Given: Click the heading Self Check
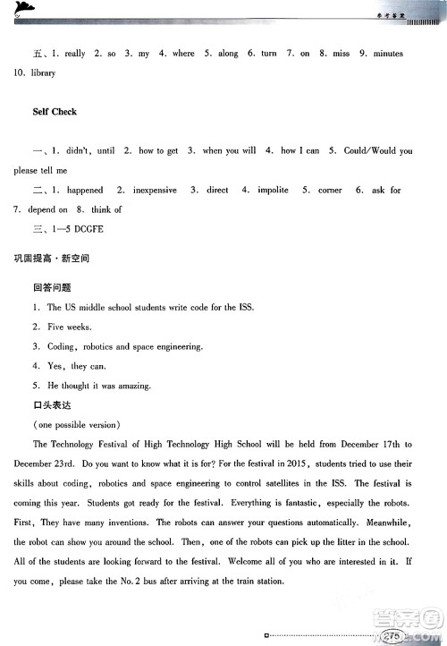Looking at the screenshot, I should pyautogui.click(x=54, y=112).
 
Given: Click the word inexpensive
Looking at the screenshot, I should pyautogui.click(x=157, y=191).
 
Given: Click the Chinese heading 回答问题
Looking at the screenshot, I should pyautogui.click(x=51, y=288).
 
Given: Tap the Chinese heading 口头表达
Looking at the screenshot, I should pyautogui.click(x=51, y=405).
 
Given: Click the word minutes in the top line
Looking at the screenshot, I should pyautogui.click(x=388, y=54).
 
